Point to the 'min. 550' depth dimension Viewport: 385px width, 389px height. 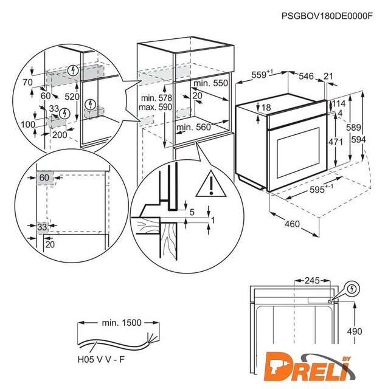coord(210,83)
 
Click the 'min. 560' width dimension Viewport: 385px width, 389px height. coord(193,128)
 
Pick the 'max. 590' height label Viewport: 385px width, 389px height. coord(156,108)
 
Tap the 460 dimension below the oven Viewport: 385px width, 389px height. coord(292,225)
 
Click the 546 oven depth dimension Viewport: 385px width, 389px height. coord(306,76)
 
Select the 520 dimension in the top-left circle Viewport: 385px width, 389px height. coord(72,97)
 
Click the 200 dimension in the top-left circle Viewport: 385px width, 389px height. coord(60,134)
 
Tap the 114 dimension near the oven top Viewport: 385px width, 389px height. coord(338,104)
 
